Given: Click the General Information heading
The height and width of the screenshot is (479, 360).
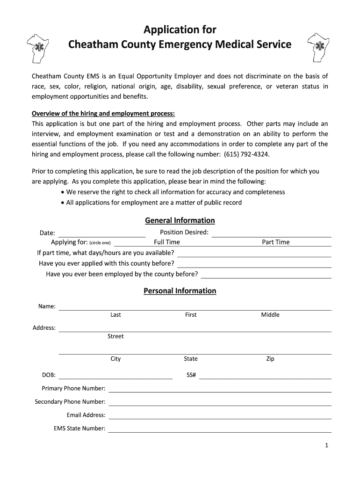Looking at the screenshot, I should coord(180,220).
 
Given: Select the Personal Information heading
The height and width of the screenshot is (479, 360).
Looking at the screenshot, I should coord(180,291).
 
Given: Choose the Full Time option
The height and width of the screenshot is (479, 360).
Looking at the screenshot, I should coord(167,242).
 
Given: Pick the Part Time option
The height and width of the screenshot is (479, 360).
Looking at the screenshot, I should coord(276,242).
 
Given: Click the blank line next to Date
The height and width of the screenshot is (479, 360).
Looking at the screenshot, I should coord(101,234).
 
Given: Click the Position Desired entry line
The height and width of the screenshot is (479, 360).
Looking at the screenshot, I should coord(271,234).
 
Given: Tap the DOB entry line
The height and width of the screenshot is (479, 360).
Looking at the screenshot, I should coord(115,376).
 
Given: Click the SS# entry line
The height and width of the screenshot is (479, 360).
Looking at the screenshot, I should coord(265,376).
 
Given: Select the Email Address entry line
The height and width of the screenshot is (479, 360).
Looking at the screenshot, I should coord(220,416).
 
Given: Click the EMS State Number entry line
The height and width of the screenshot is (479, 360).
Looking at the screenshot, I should coord(220,429).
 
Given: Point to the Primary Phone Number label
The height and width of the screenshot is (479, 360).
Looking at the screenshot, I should coord(73,388).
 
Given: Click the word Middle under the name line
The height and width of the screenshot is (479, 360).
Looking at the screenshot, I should coord(270,315).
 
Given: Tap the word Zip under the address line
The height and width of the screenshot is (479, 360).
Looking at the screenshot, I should coord(270,359).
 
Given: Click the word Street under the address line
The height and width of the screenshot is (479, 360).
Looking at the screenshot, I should coord(115,336).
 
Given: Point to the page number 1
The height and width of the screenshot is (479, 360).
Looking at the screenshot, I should coord(327,446).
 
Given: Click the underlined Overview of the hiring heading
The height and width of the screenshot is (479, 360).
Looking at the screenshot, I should coord(103,114).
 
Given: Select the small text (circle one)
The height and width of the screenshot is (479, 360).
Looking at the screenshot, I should coord(100,243).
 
